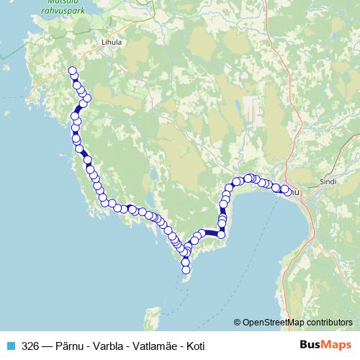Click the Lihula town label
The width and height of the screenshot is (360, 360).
click(112, 42)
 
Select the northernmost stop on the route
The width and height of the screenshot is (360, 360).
click(72, 71)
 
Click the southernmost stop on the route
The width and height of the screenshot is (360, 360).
click(186, 270)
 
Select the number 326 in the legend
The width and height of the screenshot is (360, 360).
click(30, 345)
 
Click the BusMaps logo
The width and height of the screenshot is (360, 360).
click(325, 345)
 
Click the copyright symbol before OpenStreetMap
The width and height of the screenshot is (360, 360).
click(238, 322)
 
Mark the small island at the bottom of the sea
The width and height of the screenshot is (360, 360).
click(152, 318)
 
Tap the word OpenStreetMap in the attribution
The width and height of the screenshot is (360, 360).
click(267, 322)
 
